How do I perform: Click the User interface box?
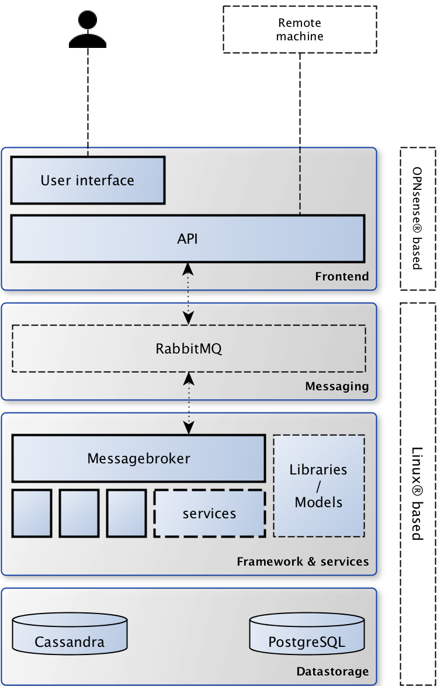click(88, 180)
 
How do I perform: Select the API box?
click(188, 238)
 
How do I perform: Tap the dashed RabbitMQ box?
click(189, 349)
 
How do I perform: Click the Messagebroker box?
click(138, 458)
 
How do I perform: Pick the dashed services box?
click(209, 514)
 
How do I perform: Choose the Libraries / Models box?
click(318, 486)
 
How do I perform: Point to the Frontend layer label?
click(342, 276)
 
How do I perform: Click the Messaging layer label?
click(337, 386)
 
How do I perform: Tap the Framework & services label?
click(303, 562)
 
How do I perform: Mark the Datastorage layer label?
click(332, 671)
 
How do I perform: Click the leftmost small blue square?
click(32, 513)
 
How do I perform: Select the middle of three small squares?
click(79, 513)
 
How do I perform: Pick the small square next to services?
click(126, 513)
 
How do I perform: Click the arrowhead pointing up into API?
click(188, 269)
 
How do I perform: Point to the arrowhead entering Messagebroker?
click(188, 428)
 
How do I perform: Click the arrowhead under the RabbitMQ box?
click(188, 379)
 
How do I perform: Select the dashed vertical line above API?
click(300, 181)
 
